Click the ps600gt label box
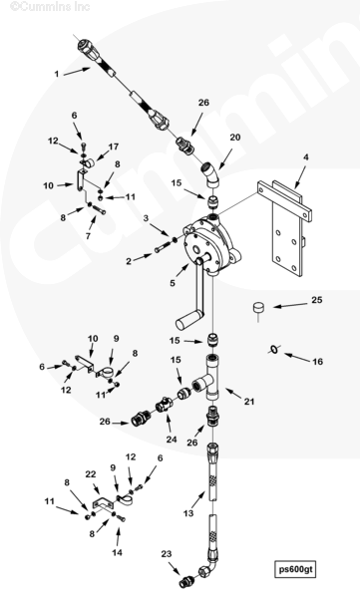(295, 569)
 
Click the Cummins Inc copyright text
(50, 6)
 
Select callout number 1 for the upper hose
(57, 74)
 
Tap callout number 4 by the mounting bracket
(306, 156)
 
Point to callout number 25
(317, 300)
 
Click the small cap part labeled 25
(259, 307)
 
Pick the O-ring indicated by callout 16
(273, 348)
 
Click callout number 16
(318, 361)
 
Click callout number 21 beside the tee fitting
(249, 402)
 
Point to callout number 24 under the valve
(172, 439)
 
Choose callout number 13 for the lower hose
(188, 513)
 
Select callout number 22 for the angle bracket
(91, 474)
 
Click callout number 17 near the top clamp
(114, 147)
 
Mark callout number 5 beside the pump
(173, 283)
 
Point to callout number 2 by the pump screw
(129, 261)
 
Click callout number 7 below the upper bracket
(88, 236)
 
